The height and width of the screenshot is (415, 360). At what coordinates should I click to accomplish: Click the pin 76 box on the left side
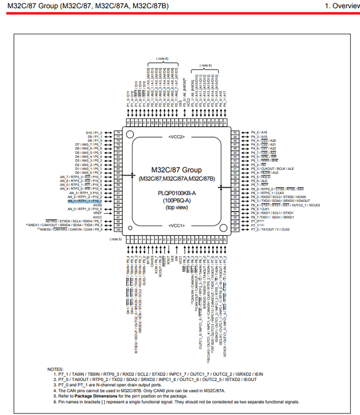[118, 132]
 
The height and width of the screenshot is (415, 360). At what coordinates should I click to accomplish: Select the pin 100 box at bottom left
[118, 229]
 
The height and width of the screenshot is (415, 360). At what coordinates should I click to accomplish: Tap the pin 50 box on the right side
[235, 132]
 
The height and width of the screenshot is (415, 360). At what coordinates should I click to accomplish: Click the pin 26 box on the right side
[235, 229]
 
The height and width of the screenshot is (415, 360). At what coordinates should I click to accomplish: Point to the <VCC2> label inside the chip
[176, 136]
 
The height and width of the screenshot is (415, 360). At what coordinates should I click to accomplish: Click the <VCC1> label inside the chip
[176, 226]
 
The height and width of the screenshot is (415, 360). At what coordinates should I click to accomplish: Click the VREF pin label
[97, 213]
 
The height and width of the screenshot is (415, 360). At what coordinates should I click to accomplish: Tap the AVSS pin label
[97, 205]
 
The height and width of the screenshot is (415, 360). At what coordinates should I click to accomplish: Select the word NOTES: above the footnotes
[55, 369]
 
